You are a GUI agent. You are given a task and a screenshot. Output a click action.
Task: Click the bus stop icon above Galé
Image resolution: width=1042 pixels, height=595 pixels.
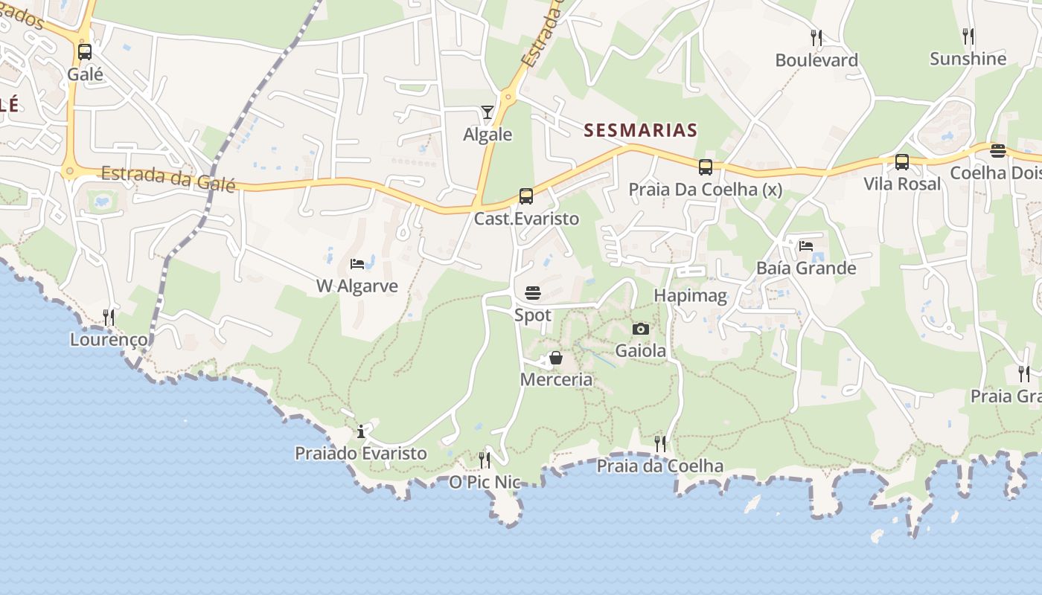(85, 52)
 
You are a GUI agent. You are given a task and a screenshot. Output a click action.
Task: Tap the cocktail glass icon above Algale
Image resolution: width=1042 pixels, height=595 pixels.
(488, 112)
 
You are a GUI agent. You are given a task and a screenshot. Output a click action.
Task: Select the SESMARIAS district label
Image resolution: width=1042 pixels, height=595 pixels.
(640, 131)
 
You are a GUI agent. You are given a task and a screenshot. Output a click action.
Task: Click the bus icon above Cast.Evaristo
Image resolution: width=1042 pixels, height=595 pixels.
(526, 196)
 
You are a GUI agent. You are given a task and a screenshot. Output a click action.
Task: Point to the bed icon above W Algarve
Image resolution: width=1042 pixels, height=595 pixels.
(357, 264)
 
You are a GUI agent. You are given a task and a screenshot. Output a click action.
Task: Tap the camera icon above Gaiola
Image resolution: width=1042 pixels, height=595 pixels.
(640, 329)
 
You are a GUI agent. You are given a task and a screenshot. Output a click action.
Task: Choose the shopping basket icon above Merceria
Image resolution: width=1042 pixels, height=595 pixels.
(556, 358)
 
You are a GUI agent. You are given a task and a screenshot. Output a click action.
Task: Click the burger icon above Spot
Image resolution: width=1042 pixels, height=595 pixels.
(533, 293)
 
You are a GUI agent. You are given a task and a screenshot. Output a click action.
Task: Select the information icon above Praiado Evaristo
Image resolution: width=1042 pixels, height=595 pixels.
(361, 431)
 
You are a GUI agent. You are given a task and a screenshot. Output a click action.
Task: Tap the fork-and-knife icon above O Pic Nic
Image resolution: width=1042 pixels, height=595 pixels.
(485, 460)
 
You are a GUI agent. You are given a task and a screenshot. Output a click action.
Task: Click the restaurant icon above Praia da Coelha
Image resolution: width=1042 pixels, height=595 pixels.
(660, 444)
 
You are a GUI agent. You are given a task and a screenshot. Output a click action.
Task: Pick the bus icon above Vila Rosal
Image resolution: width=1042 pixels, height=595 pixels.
(902, 162)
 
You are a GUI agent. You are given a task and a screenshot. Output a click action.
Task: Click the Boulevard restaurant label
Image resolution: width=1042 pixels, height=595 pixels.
(816, 60)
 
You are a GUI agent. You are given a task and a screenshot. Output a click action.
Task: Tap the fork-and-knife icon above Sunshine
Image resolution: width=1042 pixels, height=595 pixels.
(968, 36)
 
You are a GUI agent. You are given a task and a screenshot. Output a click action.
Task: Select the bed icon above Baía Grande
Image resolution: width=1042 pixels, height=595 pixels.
(806, 246)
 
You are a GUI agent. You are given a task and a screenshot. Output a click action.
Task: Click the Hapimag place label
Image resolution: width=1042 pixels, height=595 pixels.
(690, 296)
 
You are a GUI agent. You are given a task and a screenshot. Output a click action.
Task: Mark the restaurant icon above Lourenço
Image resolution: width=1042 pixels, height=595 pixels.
(109, 318)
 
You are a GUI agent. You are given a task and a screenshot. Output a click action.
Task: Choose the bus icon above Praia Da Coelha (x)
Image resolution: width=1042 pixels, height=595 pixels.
(706, 167)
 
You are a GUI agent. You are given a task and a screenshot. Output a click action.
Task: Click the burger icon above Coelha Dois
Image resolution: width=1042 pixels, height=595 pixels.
(998, 151)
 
